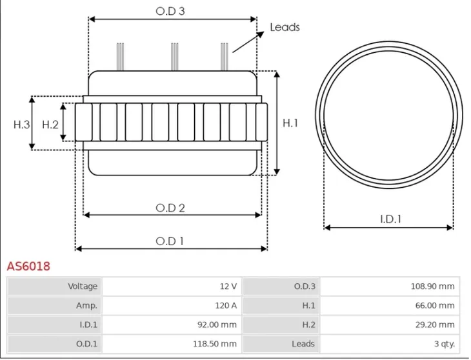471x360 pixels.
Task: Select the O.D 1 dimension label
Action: (170, 241)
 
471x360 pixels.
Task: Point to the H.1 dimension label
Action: (291, 123)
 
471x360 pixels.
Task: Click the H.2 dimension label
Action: (50, 125)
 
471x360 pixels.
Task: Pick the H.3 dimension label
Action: (22, 125)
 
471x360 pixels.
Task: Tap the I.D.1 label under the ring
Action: (390, 219)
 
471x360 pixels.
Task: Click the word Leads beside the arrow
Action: (285, 27)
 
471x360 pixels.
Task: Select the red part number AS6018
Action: (28, 266)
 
